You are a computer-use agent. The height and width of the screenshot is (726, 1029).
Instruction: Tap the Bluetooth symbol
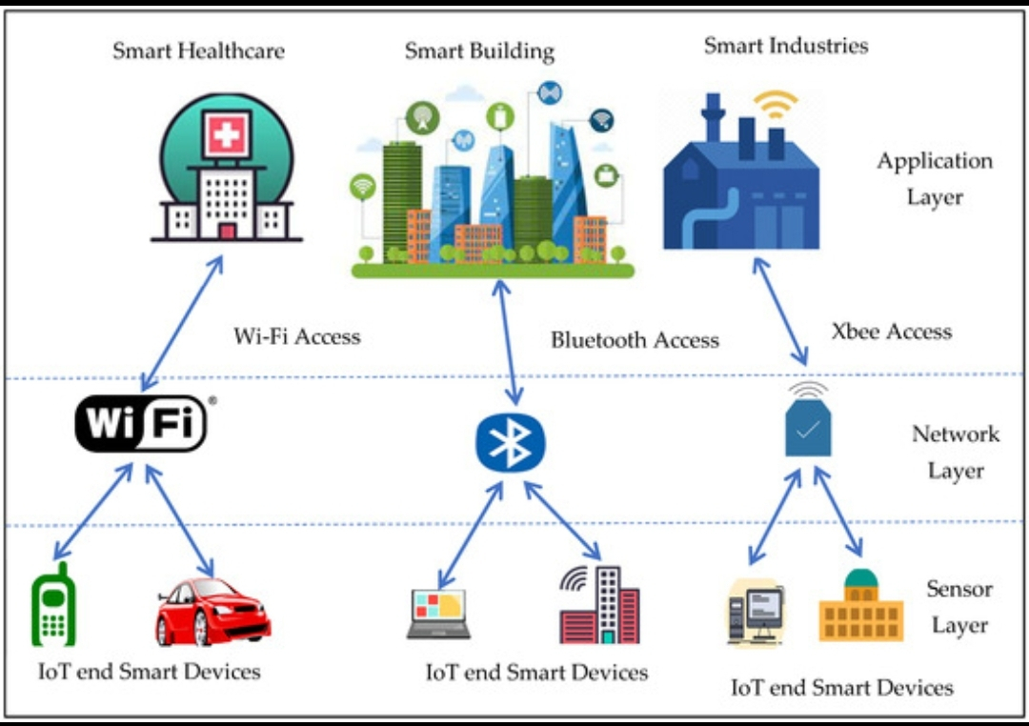click(x=511, y=444)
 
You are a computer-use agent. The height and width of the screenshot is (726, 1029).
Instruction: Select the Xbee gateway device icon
click(x=807, y=427)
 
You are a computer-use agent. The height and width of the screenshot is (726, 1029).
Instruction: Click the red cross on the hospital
click(x=227, y=133)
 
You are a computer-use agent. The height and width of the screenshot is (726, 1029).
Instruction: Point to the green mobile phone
click(x=54, y=605)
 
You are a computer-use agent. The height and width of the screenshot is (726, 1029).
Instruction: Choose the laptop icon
click(x=438, y=614)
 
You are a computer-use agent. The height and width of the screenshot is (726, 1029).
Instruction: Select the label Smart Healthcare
click(x=198, y=50)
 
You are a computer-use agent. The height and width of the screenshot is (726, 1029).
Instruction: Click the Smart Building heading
click(x=479, y=50)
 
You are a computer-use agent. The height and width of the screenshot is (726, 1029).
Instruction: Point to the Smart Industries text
click(x=786, y=45)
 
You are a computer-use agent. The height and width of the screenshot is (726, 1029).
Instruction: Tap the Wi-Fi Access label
click(x=297, y=336)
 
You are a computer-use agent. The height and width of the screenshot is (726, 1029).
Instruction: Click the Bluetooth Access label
click(x=635, y=340)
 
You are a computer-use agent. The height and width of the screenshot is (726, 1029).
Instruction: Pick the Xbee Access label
click(x=891, y=332)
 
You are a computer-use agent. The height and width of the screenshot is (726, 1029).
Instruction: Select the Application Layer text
click(x=935, y=178)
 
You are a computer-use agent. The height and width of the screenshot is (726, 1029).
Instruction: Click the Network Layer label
click(x=956, y=452)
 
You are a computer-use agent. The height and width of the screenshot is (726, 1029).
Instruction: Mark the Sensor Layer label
click(x=959, y=607)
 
